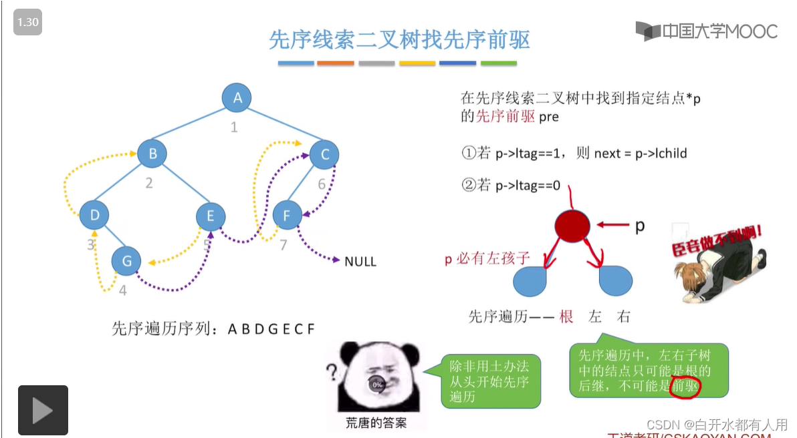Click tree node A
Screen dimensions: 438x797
pos(237,98)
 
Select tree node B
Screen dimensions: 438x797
pos(152,154)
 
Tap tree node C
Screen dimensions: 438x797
pos(325,155)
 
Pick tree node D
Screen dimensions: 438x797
pos(94,215)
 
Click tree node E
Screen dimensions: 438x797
pos(211,216)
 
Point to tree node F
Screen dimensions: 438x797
pos(287,216)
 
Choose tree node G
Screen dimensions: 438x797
pos(126,260)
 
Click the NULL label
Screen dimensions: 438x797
pos(360,262)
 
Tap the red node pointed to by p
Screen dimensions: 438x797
pos(572,225)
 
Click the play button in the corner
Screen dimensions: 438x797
pos(43,410)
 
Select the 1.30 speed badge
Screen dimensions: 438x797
pos(28,22)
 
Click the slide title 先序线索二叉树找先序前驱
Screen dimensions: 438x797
pos(399,40)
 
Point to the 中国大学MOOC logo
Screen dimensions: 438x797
pos(707,31)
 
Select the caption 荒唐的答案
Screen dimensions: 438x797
pos(376,423)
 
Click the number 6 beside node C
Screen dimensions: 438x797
pos(322,184)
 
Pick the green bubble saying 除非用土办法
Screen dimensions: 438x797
pos(490,381)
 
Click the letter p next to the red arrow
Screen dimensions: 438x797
pos(640,226)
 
